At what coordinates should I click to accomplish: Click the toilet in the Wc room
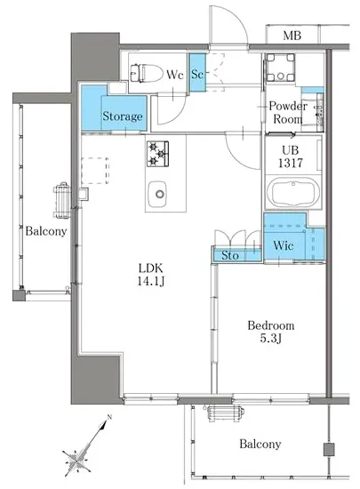147,73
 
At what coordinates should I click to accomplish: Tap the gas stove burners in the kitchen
157,154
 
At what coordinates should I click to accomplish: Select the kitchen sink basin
157,194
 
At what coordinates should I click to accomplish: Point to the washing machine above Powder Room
280,68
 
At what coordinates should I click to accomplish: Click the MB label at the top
292,36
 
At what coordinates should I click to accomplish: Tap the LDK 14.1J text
151,275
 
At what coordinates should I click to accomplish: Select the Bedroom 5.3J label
271,332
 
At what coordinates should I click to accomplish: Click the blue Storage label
123,116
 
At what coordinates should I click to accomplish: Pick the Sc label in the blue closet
197,74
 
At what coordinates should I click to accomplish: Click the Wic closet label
284,245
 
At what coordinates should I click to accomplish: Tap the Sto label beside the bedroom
230,256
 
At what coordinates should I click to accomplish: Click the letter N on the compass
109,417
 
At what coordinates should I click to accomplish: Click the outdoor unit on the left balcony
62,200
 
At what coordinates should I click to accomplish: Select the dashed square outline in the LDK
95,171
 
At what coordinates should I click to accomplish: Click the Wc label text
174,75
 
